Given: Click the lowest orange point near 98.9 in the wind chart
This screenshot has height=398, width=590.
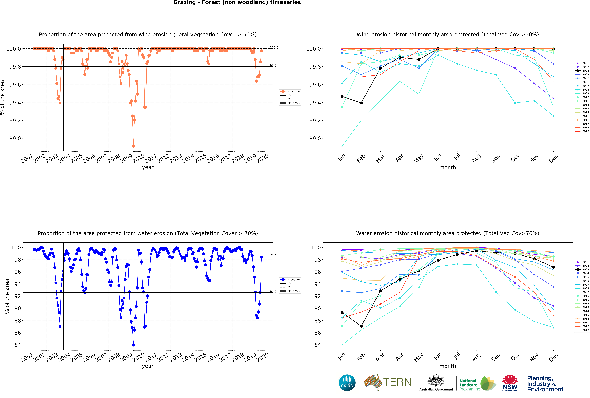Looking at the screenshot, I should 133,146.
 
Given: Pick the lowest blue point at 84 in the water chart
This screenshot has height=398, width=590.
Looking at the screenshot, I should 133,345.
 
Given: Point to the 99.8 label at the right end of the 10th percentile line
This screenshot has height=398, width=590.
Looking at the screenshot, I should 273,65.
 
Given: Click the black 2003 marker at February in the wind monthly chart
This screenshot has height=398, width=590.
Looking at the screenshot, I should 361,103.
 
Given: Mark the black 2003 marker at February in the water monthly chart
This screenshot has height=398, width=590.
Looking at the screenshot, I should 361,326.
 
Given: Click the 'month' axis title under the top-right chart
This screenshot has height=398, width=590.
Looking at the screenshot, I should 448,167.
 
